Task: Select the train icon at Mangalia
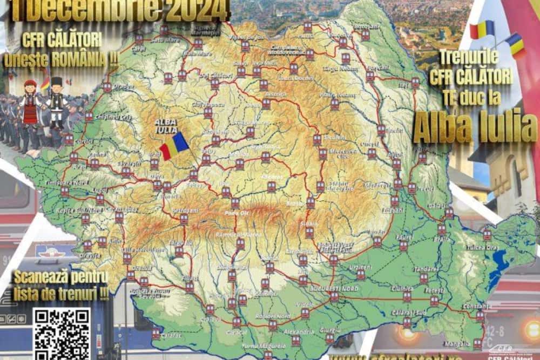pos(477,343)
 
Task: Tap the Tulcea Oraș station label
pos(480,248)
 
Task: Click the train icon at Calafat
pos(156,333)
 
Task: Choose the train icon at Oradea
pos(107,87)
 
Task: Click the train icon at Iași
pos(415,82)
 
